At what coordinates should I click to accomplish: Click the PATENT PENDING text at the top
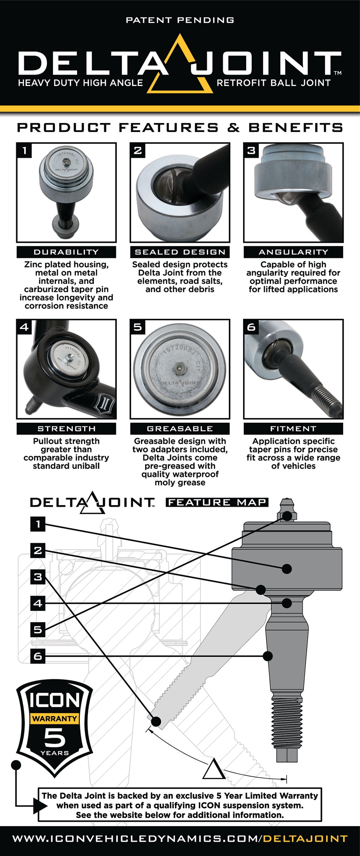point(180,20)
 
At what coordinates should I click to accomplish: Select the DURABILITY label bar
point(66,252)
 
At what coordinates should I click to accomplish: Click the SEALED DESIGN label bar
point(180,252)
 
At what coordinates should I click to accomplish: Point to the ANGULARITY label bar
point(293,252)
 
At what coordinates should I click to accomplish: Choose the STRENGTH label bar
point(66,428)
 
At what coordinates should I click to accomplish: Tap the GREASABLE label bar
point(180,428)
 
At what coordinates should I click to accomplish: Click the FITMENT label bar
point(293,428)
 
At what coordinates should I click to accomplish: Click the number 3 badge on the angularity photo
point(251,151)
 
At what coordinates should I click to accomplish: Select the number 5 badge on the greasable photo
point(138,327)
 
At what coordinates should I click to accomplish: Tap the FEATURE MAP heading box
point(217,502)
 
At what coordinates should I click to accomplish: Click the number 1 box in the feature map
point(38,524)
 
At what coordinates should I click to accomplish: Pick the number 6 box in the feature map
point(38,656)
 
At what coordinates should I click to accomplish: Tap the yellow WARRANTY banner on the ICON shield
point(55,718)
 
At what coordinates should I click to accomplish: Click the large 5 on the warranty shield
point(55,737)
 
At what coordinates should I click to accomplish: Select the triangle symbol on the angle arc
point(214,769)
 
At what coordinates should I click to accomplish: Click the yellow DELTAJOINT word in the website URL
point(305,839)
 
